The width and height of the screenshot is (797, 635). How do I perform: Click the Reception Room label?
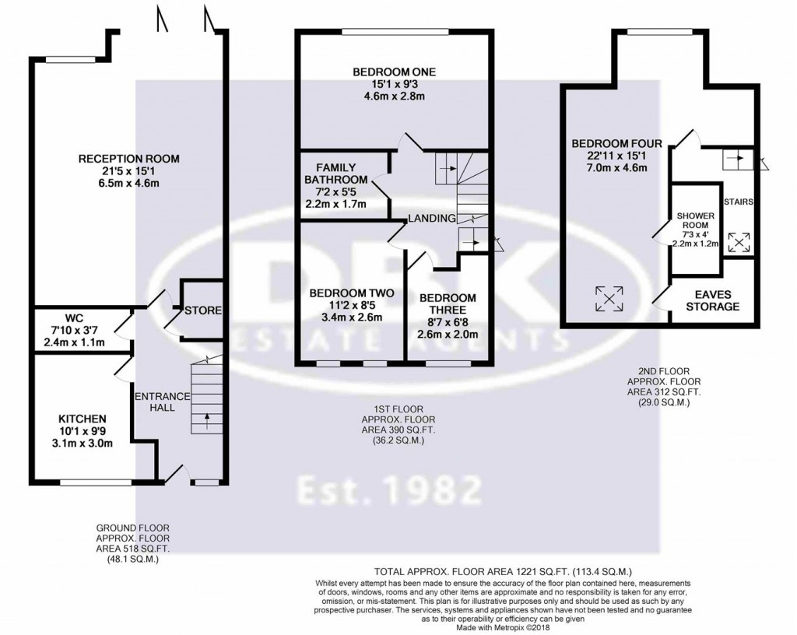pyautogui.click(x=128, y=159)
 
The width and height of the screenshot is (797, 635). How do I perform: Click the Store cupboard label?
pyautogui.click(x=204, y=310)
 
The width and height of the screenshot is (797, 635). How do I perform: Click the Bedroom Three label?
pyautogui.click(x=448, y=304)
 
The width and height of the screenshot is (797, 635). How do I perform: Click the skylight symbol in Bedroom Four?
pyautogui.click(x=609, y=296)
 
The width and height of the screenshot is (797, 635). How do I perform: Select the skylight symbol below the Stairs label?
pyautogui.click(x=739, y=242)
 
